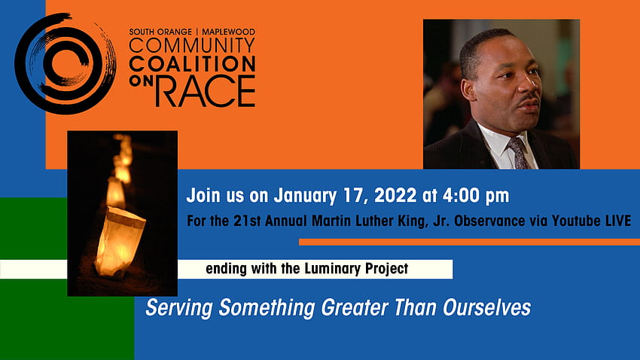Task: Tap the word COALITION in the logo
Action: click(x=192, y=64)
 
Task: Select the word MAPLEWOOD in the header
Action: click(x=229, y=32)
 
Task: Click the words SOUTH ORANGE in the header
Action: click(x=160, y=32)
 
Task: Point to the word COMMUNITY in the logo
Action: click(x=192, y=46)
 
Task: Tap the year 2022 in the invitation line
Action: click(x=395, y=196)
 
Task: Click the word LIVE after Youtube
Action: click(x=618, y=221)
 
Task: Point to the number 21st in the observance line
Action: click(x=247, y=221)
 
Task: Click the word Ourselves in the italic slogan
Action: click(x=486, y=307)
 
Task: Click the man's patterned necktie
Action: click(x=518, y=153)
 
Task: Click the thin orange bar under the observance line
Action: click(x=469, y=242)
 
